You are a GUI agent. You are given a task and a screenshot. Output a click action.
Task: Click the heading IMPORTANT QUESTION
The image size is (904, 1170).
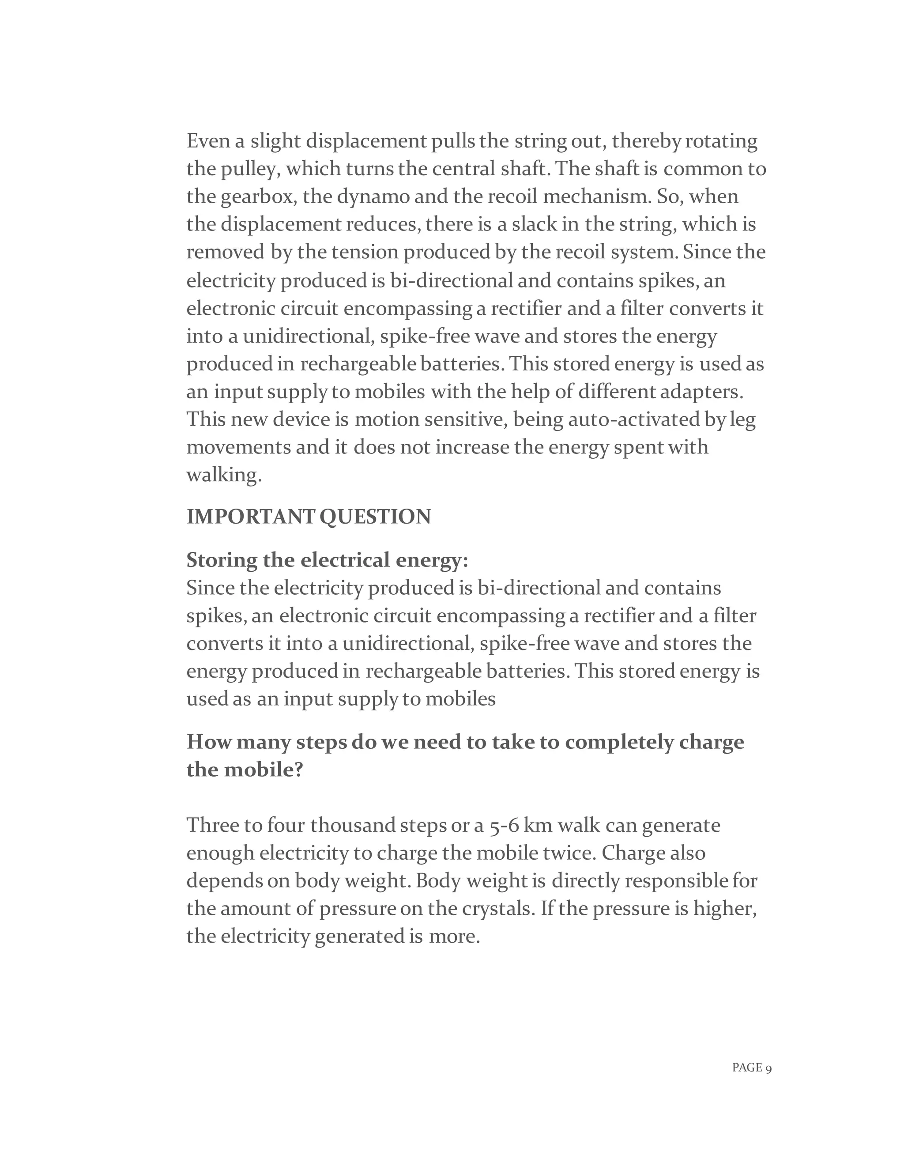[309, 517]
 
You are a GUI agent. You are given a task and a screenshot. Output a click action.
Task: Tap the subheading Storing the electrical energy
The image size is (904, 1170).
[327, 560]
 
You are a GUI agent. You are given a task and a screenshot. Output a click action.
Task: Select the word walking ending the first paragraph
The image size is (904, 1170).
[224, 475]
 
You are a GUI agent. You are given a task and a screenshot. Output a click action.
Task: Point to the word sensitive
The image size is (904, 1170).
[465, 419]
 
